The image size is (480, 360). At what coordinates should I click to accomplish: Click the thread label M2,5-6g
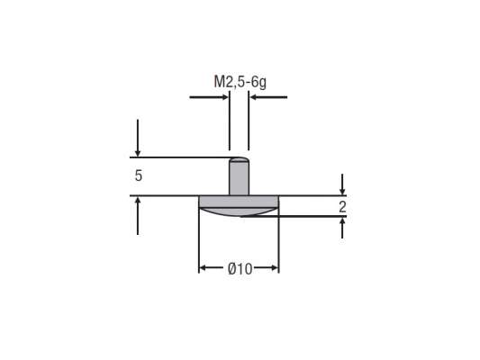pyautogui.click(x=239, y=81)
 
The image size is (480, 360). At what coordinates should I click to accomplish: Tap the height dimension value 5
pyautogui.click(x=138, y=176)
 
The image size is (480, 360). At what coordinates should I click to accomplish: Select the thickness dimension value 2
pyautogui.click(x=342, y=207)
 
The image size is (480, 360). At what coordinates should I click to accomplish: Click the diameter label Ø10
pyautogui.click(x=239, y=269)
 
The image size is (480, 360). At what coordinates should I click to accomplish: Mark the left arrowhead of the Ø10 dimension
pyautogui.click(x=204, y=268)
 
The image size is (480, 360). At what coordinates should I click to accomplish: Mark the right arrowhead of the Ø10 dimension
pyautogui.click(x=274, y=268)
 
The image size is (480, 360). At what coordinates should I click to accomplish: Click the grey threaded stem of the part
pyautogui.click(x=239, y=180)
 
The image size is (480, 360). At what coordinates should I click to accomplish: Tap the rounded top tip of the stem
pyautogui.click(x=239, y=161)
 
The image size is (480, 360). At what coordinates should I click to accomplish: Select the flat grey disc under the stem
pyautogui.click(x=239, y=201)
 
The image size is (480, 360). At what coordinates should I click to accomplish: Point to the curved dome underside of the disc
pyautogui.click(x=239, y=211)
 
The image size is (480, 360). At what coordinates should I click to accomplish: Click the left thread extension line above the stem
pyautogui.click(x=230, y=126)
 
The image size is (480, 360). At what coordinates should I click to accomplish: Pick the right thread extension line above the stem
pyautogui.click(x=249, y=126)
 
